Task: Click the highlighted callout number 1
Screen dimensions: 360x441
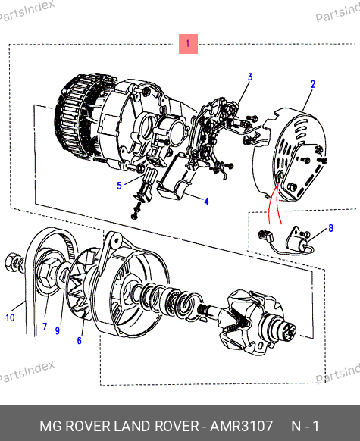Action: [x=188, y=44]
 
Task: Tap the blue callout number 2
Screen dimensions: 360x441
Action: [x=313, y=84]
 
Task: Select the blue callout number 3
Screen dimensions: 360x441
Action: [x=250, y=77]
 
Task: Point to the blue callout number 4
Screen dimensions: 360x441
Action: [x=206, y=202]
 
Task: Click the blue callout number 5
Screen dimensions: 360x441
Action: [x=119, y=186]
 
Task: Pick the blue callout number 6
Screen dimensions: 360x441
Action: [x=80, y=340]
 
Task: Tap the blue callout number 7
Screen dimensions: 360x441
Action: [x=45, y=327]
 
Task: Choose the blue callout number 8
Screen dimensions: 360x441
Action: [x=330, y=228]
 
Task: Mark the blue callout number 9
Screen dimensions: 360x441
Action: [x=58, y=330]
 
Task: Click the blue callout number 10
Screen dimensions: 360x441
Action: [x=10, y=317]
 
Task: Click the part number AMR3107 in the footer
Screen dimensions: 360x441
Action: [x=242, y=426]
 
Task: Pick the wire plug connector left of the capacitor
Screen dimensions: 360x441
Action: [x=265, y=235]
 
